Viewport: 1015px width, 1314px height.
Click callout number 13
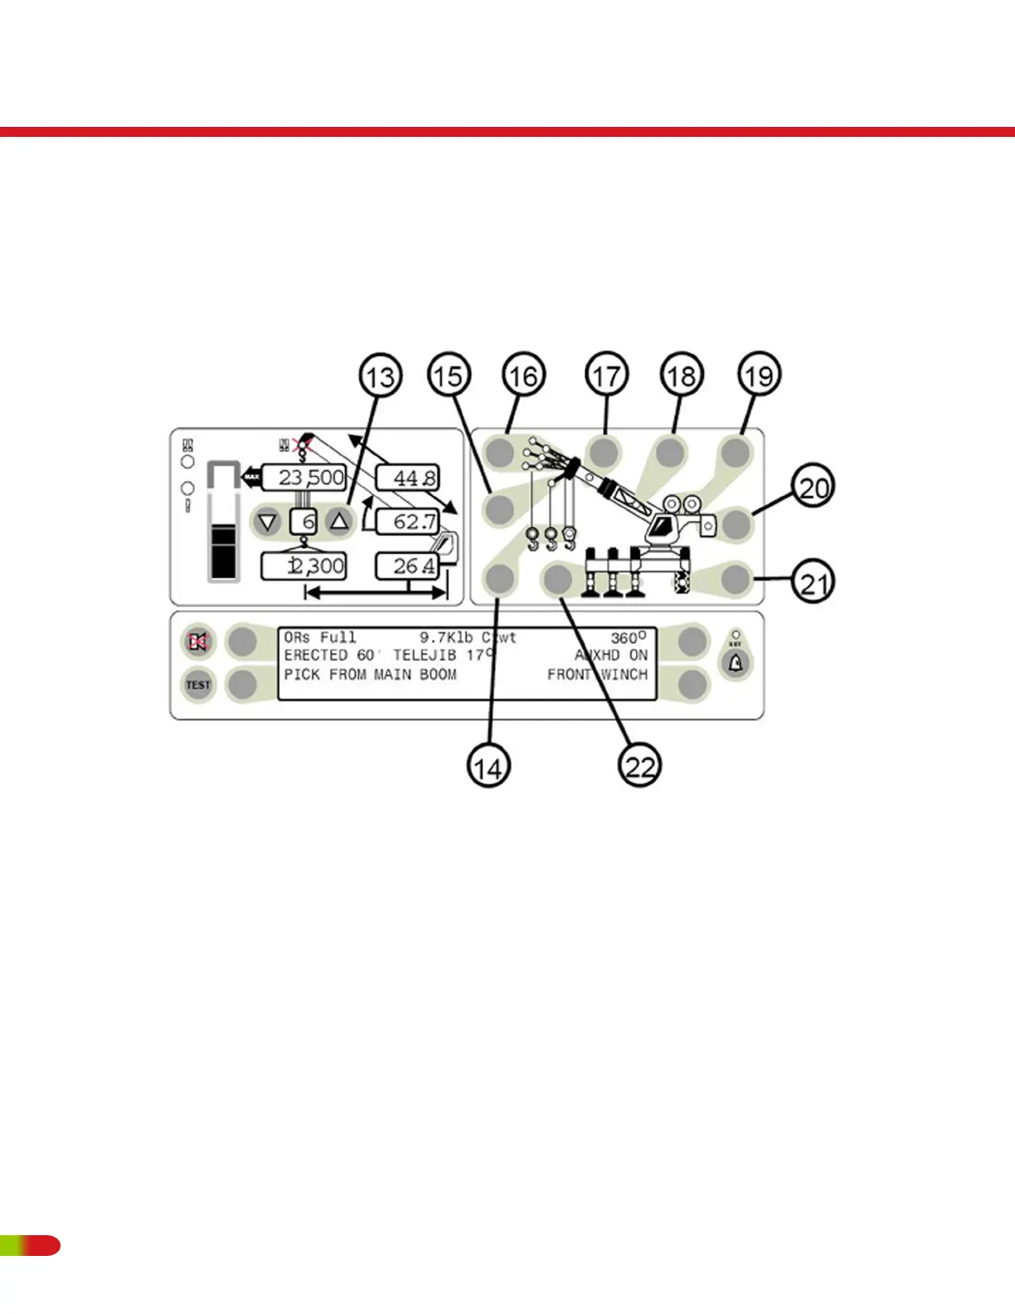381,376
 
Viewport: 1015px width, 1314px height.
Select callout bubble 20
813,487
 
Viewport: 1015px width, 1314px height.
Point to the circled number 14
488,766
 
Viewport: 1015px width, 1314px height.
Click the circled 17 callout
606,376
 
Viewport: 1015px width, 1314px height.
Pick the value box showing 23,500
304,477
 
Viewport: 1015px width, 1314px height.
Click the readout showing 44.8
408,478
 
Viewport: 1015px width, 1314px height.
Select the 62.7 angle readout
408,522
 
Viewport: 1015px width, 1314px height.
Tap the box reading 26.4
408,567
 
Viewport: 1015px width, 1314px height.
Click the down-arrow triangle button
267,522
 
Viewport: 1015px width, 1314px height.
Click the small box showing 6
304,522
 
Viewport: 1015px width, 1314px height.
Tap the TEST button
198,685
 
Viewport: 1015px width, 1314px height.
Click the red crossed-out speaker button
198,641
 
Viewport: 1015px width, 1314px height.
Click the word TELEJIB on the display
424,655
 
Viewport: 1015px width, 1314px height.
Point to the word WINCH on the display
624,674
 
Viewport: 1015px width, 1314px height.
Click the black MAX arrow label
251,477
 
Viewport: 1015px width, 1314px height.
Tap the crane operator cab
663,526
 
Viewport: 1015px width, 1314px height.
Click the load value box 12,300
304,567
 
